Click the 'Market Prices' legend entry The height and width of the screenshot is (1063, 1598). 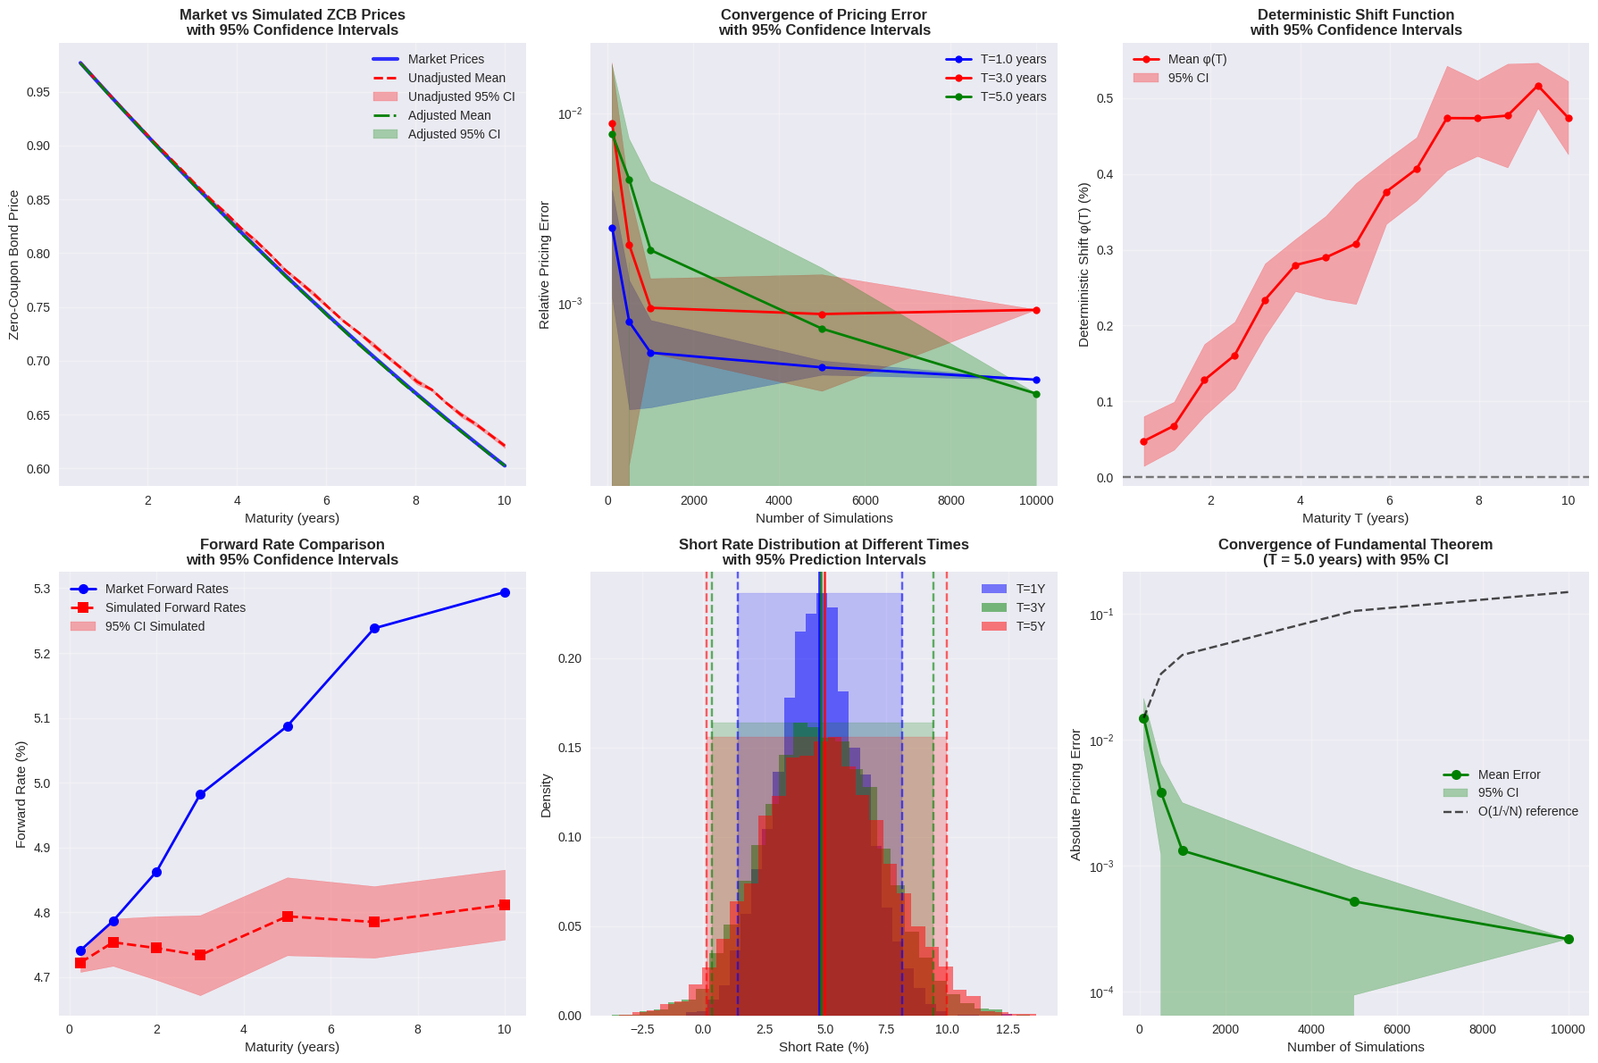point(446,59)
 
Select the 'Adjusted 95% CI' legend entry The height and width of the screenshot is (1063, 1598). point(454,134)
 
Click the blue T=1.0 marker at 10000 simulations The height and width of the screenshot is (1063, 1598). point(1036,380)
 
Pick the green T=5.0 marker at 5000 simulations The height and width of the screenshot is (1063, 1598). point(822,329)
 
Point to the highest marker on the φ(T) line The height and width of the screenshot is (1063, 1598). point(1538,87)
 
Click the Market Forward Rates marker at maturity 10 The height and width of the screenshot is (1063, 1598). point(505,592)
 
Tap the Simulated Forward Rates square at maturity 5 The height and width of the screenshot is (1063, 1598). point(288,917)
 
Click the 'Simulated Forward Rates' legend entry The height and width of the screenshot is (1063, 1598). point(175,607)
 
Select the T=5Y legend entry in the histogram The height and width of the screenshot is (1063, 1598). point(1030,626)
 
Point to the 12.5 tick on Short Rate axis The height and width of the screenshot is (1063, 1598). point(1008,1029)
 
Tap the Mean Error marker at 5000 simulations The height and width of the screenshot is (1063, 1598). point(1354,901)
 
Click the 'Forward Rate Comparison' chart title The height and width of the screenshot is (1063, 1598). point(292,544)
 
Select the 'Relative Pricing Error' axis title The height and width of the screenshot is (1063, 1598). point(544,265)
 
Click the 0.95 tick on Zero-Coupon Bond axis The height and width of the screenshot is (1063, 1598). point(38,93)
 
